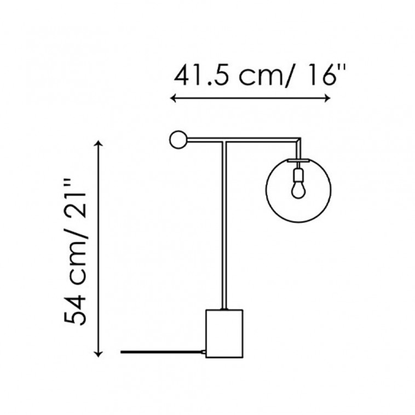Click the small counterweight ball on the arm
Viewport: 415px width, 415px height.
point(178,140)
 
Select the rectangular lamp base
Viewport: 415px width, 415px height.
point(224,333)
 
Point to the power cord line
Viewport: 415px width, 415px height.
point(162,352)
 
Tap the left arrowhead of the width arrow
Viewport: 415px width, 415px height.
point(173,99)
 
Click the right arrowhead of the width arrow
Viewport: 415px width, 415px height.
point(327,99)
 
